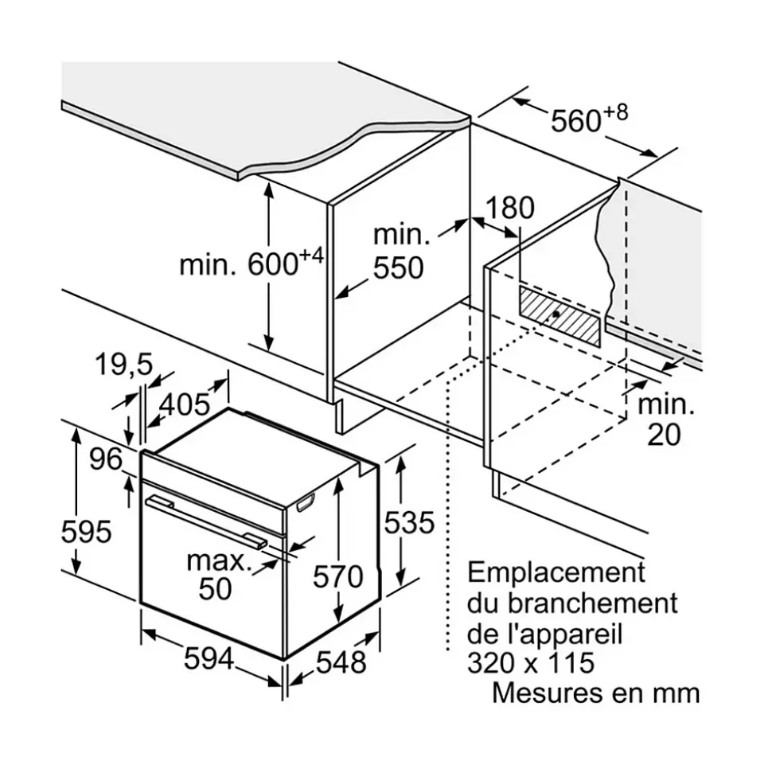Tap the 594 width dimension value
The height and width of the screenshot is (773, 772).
pyautogui.click(x=209, y=659)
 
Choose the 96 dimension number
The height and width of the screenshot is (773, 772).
pyautogui.click(x=106, y=459)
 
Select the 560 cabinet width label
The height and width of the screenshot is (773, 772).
pyautogui.click(x=577, y=120)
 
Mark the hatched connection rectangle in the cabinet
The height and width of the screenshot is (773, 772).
pyautogui.click(x=560, y=315)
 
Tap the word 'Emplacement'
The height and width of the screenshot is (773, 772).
pyautogui.click(x=556, y=572)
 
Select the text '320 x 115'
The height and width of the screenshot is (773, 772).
pyautogui.click(x=531, y=663)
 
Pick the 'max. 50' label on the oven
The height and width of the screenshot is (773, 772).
pyautogui.click(x=216, y=574)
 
